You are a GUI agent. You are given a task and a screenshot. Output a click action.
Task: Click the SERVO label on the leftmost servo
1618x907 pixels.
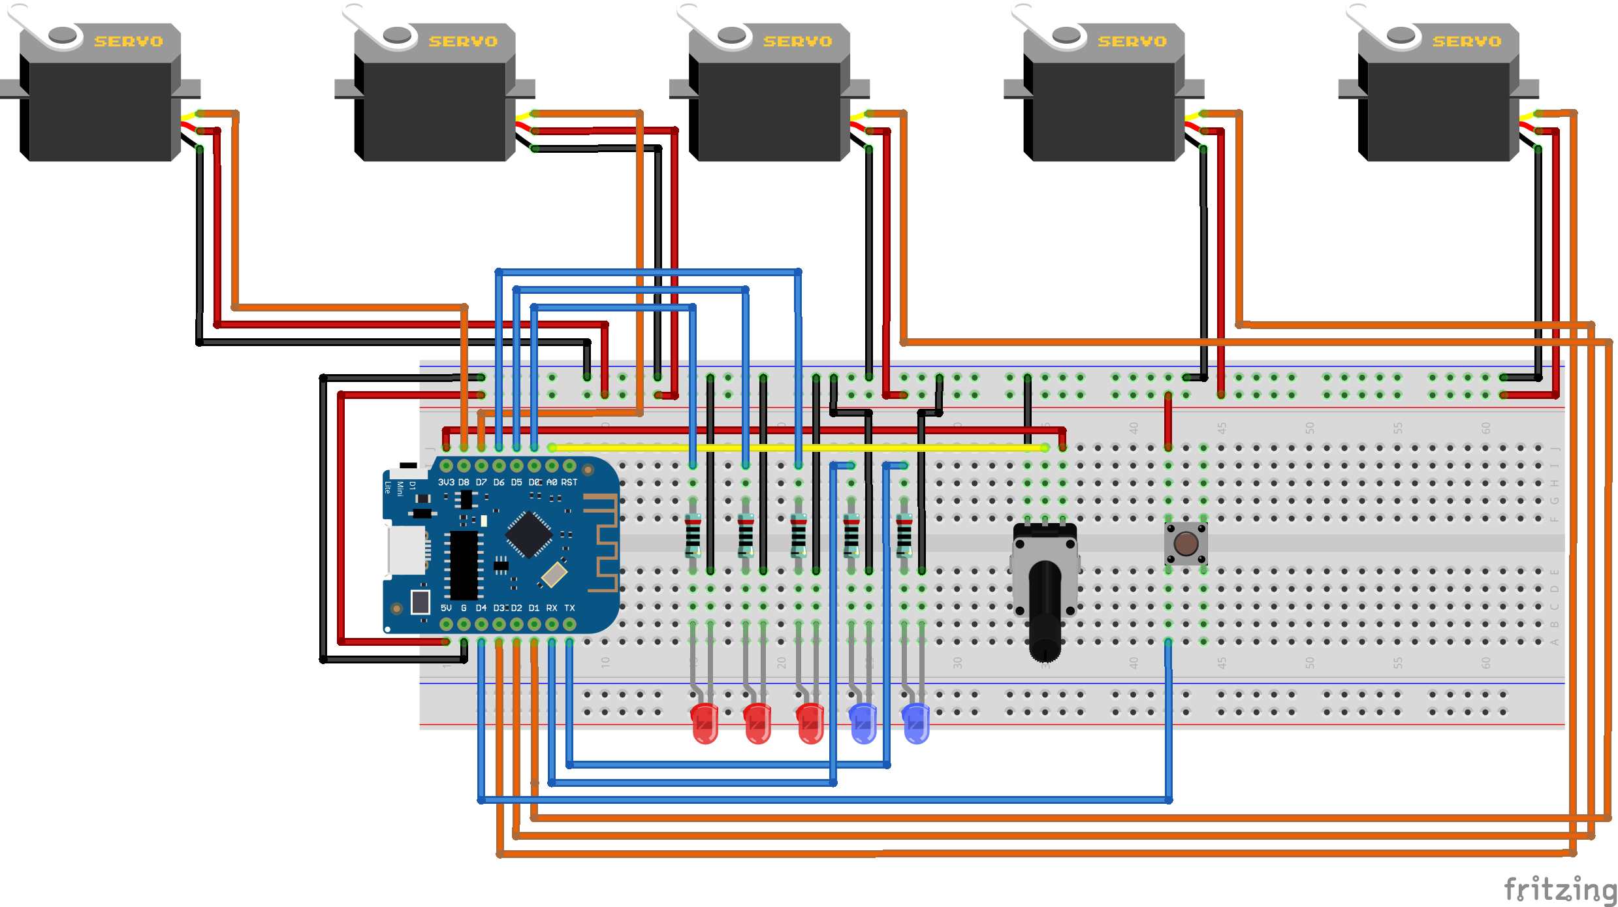pos(128,41)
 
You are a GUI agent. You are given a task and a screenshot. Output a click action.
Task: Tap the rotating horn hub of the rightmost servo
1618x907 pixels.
pos(1401,35)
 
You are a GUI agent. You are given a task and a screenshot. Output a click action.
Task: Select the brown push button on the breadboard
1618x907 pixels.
pos(1186,543)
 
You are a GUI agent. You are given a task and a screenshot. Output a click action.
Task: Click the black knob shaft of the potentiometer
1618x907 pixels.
pos(1045,607)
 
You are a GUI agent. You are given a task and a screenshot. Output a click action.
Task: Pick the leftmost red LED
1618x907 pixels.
pos(705,724)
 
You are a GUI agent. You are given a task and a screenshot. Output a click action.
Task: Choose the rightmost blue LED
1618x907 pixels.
pos(916,724)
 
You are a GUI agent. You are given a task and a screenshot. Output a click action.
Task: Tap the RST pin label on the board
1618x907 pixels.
pos(569,483)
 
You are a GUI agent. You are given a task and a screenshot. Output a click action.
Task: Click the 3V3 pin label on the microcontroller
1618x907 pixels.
pos(446,483)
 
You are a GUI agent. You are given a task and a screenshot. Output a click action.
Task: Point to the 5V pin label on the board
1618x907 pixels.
pos(446,608)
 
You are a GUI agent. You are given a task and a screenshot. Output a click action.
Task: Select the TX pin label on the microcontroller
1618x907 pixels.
pos(569,608)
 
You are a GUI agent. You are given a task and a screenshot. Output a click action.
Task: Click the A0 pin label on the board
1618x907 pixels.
pos(552,483)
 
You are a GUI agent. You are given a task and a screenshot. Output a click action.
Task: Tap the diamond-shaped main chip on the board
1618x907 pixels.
pos(529,535)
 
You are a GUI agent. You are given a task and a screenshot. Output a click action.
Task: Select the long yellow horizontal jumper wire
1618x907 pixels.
pos(797,448)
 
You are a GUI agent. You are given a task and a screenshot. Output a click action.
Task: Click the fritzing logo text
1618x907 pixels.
pos(1560,889)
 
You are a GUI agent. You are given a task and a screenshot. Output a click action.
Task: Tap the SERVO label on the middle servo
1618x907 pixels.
pos(797,41)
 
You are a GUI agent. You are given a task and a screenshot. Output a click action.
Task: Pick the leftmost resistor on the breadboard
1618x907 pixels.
pos(693,535)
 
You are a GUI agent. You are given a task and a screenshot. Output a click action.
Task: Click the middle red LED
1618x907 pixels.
pos(757,724)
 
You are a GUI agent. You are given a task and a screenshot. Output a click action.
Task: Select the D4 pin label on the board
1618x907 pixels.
pos(481,608)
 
